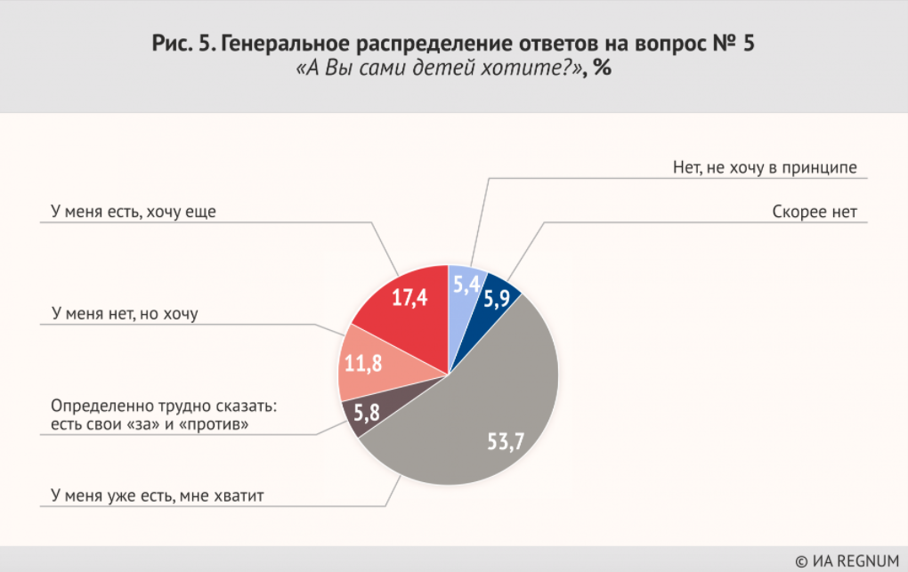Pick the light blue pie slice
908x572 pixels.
466,285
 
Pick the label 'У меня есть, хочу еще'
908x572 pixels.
134,212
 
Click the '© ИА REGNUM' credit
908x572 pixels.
847,560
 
